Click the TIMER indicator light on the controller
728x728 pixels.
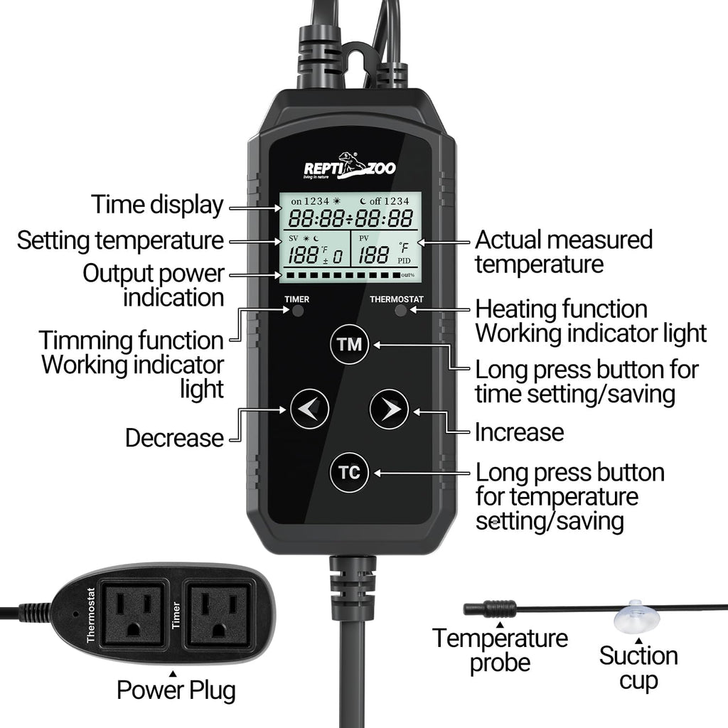click(297, 311)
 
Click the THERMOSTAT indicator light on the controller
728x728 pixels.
click(400, 311)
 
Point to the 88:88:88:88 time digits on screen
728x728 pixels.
click(349, 218)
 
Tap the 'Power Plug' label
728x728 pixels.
click(176, 690)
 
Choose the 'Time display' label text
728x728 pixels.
click(157, 205)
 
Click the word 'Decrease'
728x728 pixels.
click(174, 438)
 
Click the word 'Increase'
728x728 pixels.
click(519, 432)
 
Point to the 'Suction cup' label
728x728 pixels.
click(638, 668)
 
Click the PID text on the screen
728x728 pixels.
click(404, 262)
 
